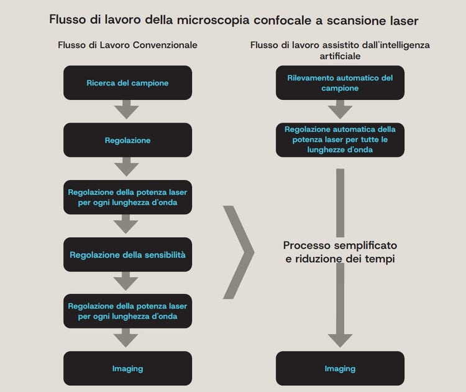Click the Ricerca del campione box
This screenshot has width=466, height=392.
click(x=127, y=83)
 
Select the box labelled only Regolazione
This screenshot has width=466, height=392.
click(x=127, y=140)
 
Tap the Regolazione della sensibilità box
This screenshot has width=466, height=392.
click(x=127, y=254)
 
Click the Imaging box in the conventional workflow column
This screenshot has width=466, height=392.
click(x=127, y=368)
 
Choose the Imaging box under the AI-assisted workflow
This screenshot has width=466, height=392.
click(x=340, y=368)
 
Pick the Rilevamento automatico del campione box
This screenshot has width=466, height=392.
click(x=340, y=83)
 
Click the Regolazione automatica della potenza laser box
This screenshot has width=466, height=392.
click(x=340, y=140)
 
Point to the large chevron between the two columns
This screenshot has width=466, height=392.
click(x=239, y=252)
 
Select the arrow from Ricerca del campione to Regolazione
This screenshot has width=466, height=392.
click(x=127, y=111)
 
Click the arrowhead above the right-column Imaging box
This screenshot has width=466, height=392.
click(x=340, y=340)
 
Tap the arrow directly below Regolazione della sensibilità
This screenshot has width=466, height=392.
click(x=127, y=282)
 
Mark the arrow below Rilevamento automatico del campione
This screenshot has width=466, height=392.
click(x=340, y=111)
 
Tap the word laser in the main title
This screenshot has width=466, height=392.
click(x=401, y=21)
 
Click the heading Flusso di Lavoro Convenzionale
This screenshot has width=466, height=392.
click(x=127, y=45)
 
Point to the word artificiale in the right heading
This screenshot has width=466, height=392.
click(x=340, y=55)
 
